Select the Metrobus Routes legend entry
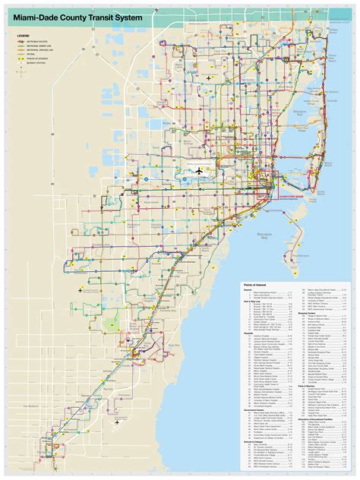38,42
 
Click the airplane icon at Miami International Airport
199,171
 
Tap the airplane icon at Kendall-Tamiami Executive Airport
79,290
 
